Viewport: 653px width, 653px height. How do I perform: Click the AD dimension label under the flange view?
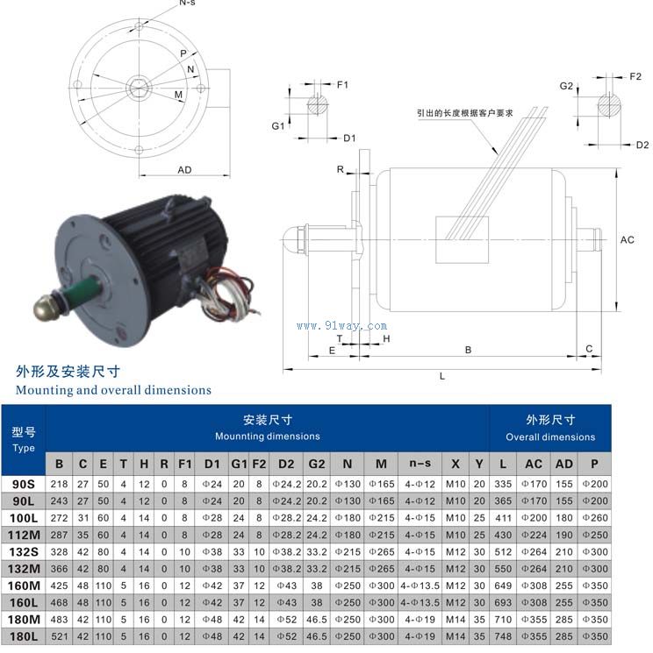coord(184,170)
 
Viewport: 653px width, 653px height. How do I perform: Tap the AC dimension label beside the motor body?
coord(627,240)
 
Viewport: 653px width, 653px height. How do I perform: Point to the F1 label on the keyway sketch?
coord(342,85)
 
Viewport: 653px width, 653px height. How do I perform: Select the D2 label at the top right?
coord(642,145)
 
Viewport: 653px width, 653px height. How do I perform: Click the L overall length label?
coord(442,376)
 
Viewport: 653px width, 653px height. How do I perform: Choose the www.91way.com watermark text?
coord(341,326)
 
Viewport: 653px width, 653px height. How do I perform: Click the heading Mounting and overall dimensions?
coord(113,390)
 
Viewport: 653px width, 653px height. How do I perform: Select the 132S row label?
coord(24,552)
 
